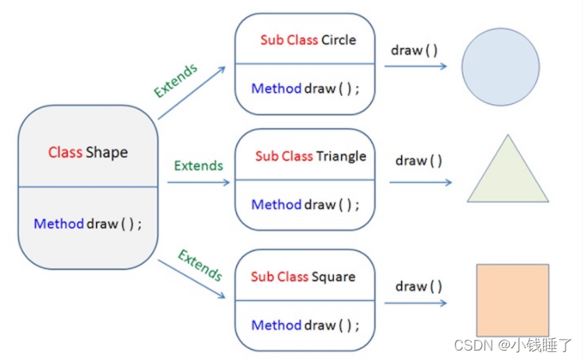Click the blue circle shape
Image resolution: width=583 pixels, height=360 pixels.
tap(500, 67)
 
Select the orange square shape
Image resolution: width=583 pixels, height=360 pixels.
tap(512, 300)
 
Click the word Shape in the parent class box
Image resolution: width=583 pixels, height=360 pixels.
tap(106, 152)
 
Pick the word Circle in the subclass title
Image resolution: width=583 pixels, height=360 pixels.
tap(339, 40)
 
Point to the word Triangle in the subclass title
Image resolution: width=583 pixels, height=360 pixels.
tap(341, 156)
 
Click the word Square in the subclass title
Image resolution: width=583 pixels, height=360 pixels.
tap(333, 276)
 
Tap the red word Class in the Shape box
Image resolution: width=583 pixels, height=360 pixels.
tap(65, 152)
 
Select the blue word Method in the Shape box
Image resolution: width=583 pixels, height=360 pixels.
tap(58, 224)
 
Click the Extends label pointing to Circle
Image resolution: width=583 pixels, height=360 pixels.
tap(176, 81)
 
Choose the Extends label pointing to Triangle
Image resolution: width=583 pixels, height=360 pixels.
tap(199, 165)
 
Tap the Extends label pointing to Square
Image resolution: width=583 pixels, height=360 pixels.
tap(200, 265)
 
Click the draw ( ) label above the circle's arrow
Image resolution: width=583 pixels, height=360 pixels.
tap(414, 50)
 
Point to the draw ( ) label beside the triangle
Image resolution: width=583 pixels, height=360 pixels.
tap(418, 161)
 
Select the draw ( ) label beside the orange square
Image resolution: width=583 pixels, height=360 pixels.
tap(418, 286)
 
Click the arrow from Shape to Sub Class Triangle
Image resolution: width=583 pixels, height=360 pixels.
tap(199, 183)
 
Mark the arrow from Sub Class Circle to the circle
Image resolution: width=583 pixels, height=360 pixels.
tap(415, 66)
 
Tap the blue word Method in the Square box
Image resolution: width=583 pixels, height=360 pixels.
tap(277, 325)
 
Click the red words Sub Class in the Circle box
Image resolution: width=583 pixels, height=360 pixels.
tap(289, 40)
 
